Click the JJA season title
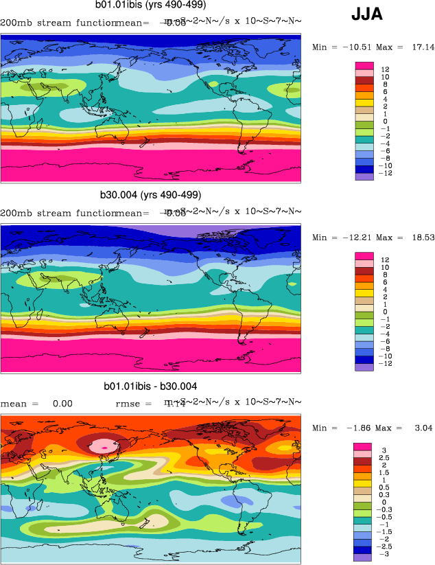[367, 14]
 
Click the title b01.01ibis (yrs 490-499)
[151, 5]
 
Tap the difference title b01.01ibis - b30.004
[150, 387]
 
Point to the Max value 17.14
[415, 47]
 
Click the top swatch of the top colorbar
[364, 65]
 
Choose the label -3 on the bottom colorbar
[386, 553]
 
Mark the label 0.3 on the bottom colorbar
[388, 494]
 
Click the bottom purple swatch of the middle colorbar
[364, 366]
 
